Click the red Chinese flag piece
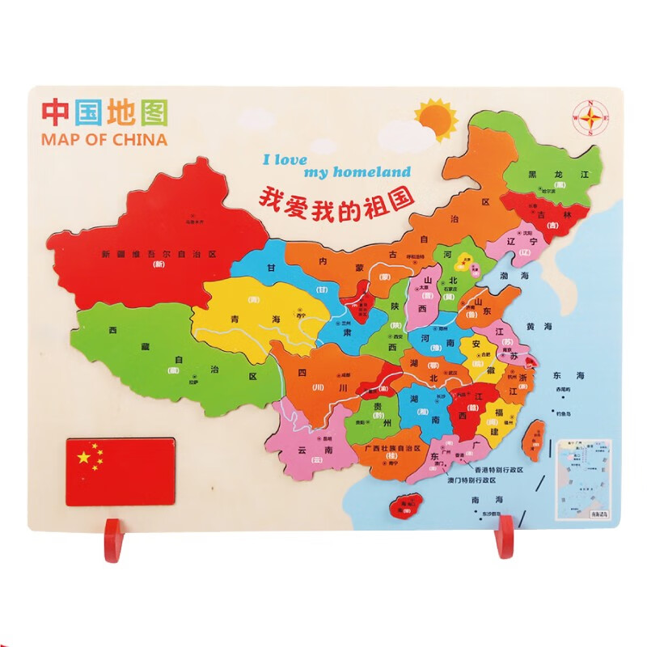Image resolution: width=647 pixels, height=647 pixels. (x=120, y=472)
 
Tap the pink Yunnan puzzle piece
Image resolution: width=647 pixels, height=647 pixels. (x=311, y=449)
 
